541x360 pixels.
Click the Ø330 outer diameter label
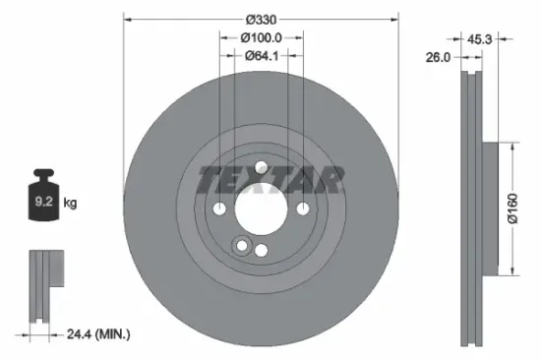click(261, 20)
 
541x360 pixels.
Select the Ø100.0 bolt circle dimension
click(262, 37)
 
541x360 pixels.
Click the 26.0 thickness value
click(439, 57)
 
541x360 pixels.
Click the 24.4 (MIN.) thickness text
click(95, 334)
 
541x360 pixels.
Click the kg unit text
click(70, 204)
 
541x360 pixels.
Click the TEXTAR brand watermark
click(272, 179)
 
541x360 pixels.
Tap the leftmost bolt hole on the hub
click(219, 209)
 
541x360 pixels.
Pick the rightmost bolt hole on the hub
click(303, 209)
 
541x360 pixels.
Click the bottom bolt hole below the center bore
click(261, 251)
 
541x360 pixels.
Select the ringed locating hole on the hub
click(239, 245)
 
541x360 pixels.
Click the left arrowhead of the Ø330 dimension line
click(127, 20)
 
